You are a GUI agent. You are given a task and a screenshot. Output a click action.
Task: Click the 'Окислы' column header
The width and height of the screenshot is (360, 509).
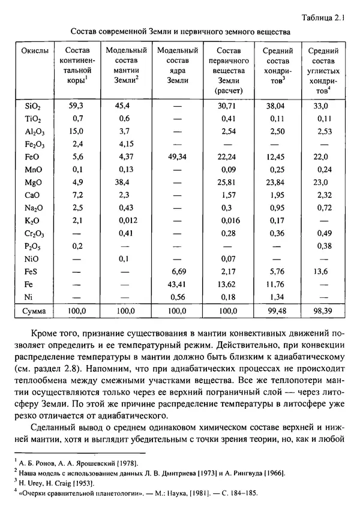click(x=31, y=52)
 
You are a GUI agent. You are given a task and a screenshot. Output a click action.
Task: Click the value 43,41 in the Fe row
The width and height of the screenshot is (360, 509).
click(x=176, y=284)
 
